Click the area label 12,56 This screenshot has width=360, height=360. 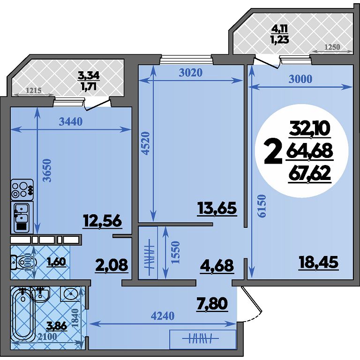pos(102,221)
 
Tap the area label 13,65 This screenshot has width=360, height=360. pos(217,209)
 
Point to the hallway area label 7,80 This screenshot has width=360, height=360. pos(212,303)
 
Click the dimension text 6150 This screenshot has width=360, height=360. pos(262,206)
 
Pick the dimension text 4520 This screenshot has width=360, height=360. pos(146,143)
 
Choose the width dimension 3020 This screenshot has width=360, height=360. pos(191,73)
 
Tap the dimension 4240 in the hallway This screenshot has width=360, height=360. pos(163,316)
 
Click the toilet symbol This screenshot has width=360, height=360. pos(23,262)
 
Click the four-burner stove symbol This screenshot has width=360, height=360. pos(22,190)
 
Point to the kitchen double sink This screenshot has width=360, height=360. pos(22,217)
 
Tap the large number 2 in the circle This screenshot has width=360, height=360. pos(273,152)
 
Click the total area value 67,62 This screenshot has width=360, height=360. pos(309,173)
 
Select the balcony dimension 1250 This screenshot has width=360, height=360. pos(332,47)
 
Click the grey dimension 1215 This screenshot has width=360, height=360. pos(34,90)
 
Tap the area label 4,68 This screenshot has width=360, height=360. pos(217,266)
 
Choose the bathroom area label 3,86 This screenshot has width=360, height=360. pos(56,325)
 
